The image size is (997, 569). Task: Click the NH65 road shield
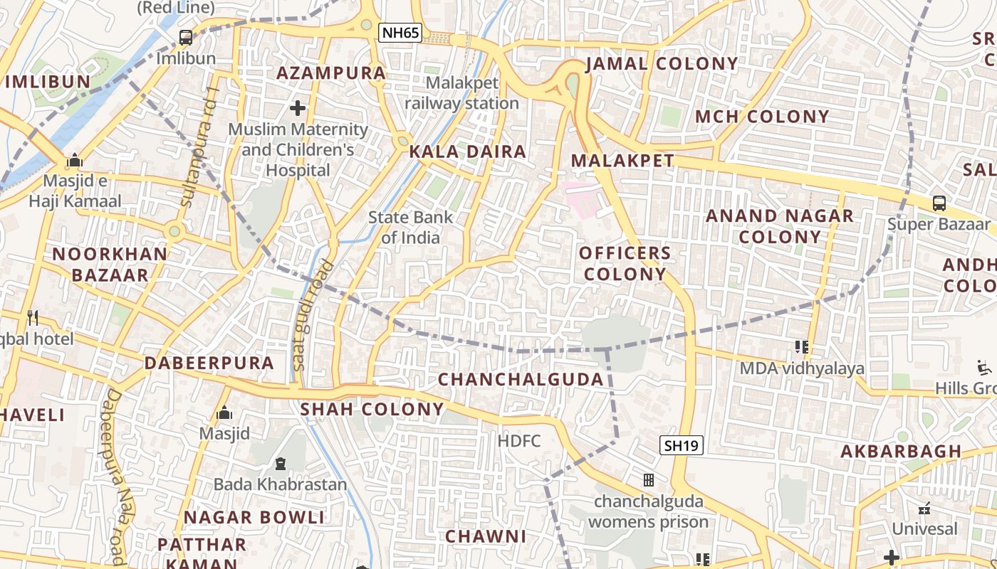(x=400, y=32)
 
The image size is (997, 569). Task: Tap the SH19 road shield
(x=682, y=446)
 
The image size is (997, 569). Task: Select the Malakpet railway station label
(x=461, y=93)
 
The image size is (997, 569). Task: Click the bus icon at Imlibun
(x=185, y=38)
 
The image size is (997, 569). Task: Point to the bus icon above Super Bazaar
(x=939, y=203)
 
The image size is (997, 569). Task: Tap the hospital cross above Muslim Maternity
(x=298, y=108)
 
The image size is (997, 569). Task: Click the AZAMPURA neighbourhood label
(x=331, y=73)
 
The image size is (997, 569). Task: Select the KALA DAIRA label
(x=468, y=151)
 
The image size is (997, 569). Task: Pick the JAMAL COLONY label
(x=662, y=64)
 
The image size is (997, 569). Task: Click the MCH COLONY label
(x=762, y=117)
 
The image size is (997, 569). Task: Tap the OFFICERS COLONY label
(x=625, y=263)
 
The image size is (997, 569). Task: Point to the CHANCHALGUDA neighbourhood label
(x=521, y=379)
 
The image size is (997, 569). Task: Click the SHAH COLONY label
(x=372, y=410)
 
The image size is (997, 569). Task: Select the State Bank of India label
(x=411, y=228)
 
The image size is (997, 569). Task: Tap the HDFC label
(x=519, y=441)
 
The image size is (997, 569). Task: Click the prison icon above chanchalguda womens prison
(x=649, y=480)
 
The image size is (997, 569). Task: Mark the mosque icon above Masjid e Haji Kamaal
(x=75, y=161)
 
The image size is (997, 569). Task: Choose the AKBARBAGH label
(x=901, y=452)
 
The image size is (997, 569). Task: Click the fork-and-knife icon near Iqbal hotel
(x=32, y=317)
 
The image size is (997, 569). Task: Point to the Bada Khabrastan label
(x=281, y=484)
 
